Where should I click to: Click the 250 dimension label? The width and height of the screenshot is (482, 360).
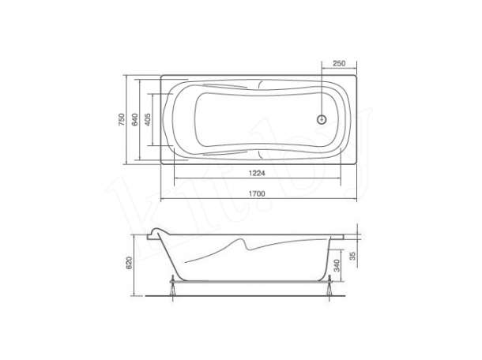339,63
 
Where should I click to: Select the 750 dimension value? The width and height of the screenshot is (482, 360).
122,119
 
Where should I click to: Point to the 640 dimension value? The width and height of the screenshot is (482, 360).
134,119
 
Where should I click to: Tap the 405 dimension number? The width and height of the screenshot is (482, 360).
148,119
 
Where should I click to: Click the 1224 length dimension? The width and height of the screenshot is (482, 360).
257,173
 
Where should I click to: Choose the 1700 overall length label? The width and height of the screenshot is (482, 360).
257,194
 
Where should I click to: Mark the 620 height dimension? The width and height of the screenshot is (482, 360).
129,263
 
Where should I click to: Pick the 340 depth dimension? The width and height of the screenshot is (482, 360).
337,266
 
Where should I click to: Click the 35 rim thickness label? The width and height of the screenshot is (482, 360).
352,256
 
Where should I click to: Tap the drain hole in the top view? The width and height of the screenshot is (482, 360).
322,119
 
